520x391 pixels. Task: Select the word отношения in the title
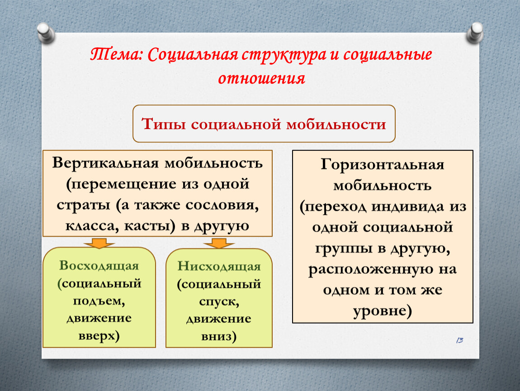(x=261, y=79)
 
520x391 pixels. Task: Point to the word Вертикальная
(x=105, y=163)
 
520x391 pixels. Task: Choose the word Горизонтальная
(x=383, y=164)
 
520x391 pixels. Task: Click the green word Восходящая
(x=99, y=266)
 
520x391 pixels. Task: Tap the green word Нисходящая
(x=219, y=266)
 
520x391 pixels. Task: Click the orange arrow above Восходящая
(x=99, y=243)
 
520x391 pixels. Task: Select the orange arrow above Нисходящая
(x=219, y=243)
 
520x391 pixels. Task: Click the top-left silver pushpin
(x=46, y=33)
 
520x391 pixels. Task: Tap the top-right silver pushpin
(x=475, y=33)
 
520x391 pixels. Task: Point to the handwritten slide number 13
(x=460, y=340)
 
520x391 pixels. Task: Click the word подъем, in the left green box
(x=99, y=301)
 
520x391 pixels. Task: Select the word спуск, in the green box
(x=219, y=302)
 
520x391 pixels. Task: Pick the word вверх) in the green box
(x=99, y=336)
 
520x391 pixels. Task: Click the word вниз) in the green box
(x=219, y=337)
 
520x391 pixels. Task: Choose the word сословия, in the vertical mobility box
(x=222, y=205)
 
